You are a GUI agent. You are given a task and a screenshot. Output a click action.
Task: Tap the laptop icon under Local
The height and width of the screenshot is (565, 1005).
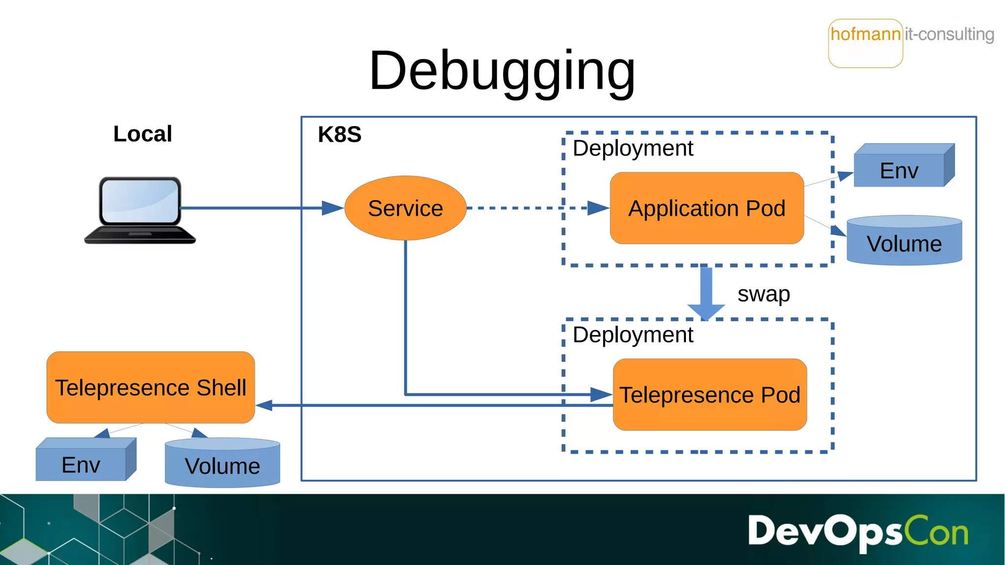pyautogui.click(x=140, y=209)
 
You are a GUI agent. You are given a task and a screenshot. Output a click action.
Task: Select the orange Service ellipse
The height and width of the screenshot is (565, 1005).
pyautogui.click(x=405, y=208)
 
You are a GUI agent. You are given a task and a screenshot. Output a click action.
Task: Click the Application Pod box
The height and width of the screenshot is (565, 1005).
pyautogui.click(x=707, y=208)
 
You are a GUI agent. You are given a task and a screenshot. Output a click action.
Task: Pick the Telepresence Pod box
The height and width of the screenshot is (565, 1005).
pyautogui.click(x=710, y=395)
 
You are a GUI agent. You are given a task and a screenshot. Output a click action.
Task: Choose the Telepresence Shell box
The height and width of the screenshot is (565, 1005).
pyautogui.click(x=151, y=387)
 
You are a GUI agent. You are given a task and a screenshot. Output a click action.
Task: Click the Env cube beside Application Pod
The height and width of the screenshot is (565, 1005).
pyautogui.click(x=899, y=169)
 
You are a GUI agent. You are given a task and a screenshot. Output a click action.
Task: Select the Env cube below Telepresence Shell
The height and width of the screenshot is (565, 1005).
pyautogui.click(x=81, y=463)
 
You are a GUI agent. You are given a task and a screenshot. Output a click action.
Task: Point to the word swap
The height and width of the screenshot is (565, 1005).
pyautogui.click(x=764, y=294)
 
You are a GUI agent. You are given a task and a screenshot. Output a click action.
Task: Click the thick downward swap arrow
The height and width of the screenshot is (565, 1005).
pyautogui.click(x=706, y=292)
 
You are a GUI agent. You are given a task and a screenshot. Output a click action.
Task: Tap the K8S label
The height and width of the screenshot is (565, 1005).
pyautogui.click(x=340, y=134)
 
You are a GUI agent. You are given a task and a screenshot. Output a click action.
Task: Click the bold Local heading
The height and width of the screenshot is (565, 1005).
pyautogui.click(x=142, y=134)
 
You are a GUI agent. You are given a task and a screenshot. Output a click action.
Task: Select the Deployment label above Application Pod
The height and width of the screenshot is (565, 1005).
pyautogui.click(x=633, y=148)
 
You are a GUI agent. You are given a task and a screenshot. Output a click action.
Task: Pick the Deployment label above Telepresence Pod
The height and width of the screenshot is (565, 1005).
pyautogui.click(x=633, y=335)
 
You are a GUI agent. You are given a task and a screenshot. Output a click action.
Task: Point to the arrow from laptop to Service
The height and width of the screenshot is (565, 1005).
pyautogui.click(x=255, y=208)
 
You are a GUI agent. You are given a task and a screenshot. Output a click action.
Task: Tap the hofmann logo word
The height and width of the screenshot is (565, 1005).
pyautogui.click(x=865, y=34)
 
